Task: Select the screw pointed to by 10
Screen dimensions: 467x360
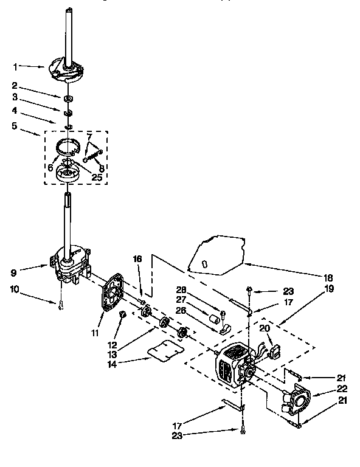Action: click(61, 306)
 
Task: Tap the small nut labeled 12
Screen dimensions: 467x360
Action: click(122, 314)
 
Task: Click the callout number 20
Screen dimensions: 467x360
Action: click(263, 329)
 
